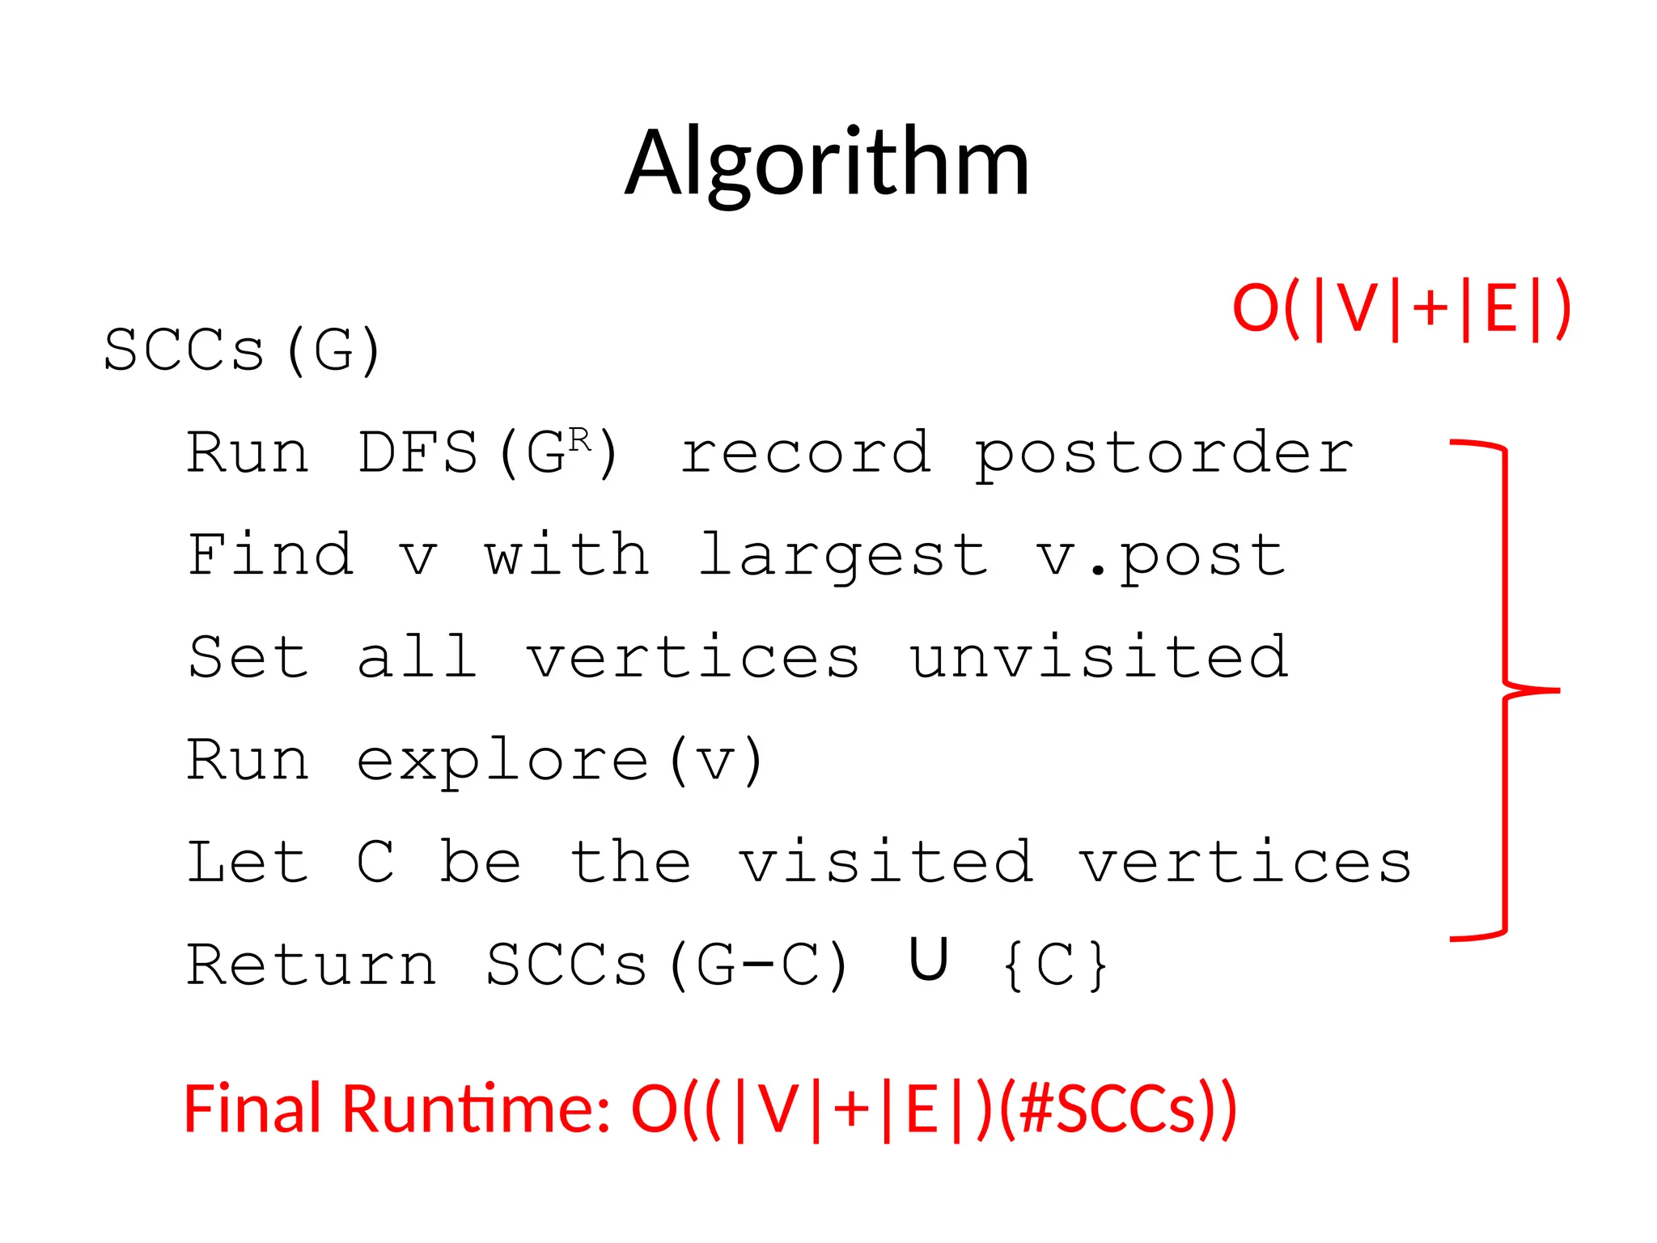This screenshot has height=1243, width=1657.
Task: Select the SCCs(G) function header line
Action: point(242,350)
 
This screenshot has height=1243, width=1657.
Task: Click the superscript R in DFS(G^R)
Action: point(579,441)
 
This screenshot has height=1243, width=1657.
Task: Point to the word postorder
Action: point(1163,453)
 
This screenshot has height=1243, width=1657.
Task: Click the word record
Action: point(806,453)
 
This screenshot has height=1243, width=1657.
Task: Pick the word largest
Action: point(843,557)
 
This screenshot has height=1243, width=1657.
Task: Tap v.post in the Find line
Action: point(1160,557)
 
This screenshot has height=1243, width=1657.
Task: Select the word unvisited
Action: point(1099,658)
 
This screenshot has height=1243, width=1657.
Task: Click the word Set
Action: point(248,658)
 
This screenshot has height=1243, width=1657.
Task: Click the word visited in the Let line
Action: point(887,863)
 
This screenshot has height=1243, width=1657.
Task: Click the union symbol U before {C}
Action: point(928,960)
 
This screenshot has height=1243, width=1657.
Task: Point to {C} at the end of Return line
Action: point(1054,965)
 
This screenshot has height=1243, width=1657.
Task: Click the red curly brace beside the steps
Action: point(1505,690)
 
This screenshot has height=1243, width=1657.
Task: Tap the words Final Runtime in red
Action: point(396,1109)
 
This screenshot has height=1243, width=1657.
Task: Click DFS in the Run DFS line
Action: point(418,453)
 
